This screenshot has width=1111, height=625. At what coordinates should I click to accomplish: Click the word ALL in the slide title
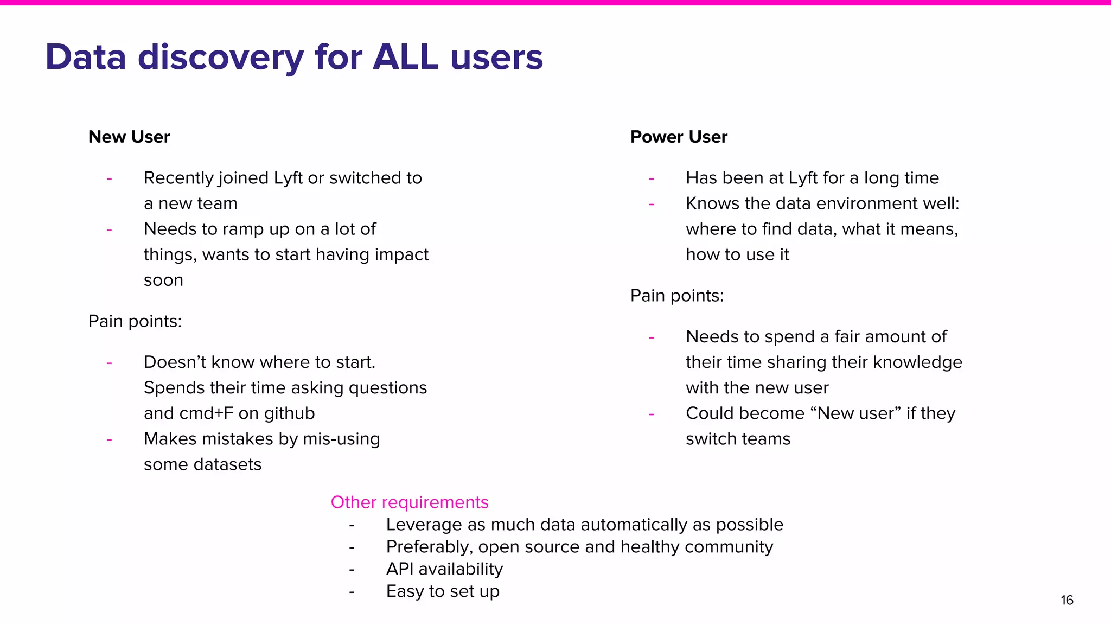click(x=405, y=57)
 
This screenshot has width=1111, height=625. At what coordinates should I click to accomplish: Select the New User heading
click(x=129, y=137)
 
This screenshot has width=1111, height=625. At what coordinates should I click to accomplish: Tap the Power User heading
click(x=679, y=137)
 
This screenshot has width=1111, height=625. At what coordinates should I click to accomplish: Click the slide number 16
click(x=1067, y=600)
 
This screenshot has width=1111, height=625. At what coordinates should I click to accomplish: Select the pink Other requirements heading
click(x=410, y=502)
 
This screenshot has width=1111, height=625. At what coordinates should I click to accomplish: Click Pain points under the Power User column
click(x=677, y=296)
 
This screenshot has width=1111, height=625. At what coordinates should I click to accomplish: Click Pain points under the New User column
click(x=135, y=321)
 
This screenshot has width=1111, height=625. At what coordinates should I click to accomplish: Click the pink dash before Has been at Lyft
click(x=652, y=178)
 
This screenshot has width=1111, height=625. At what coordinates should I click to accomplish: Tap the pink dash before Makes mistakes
click(x=110, y=439)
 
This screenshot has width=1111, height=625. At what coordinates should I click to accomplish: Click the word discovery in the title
click(x=221, y=57)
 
